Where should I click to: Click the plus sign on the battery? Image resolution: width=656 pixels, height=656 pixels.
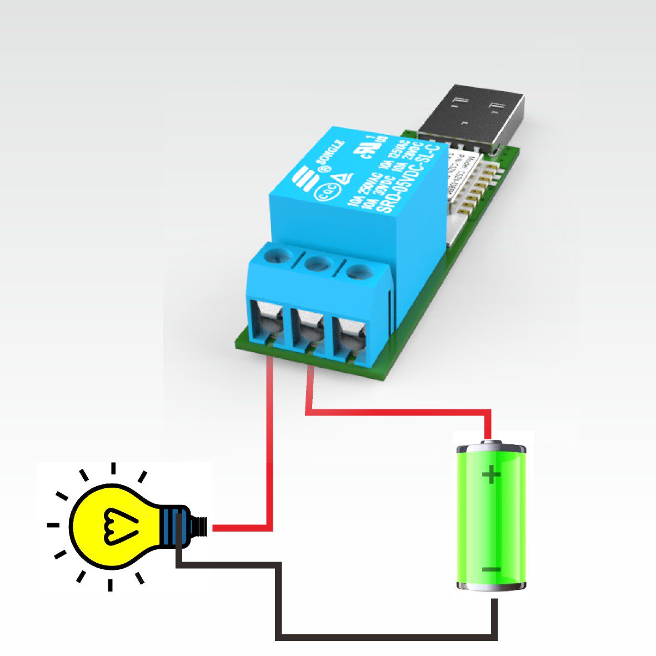coord(490,475)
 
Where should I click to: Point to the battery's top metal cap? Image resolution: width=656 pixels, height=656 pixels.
coord(490,447)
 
